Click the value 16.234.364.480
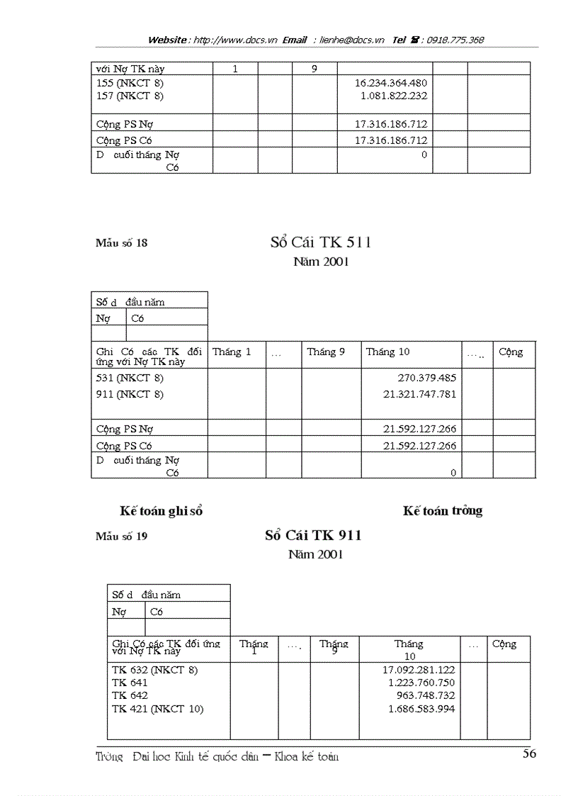[390, 83]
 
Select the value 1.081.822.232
[393, 95]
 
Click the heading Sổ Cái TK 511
[321, 242]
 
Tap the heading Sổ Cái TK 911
[313, 535]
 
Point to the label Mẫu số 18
[122, 243]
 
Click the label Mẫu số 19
[122, 537]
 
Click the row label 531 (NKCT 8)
[130, 378]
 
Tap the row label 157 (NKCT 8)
[130, 95]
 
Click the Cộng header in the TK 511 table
[511, 352]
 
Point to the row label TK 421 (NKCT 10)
[157, 708]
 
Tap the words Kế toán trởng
[443, 510]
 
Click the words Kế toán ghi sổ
[161, 511]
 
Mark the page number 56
[529, 753]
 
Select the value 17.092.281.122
[419, 669]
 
